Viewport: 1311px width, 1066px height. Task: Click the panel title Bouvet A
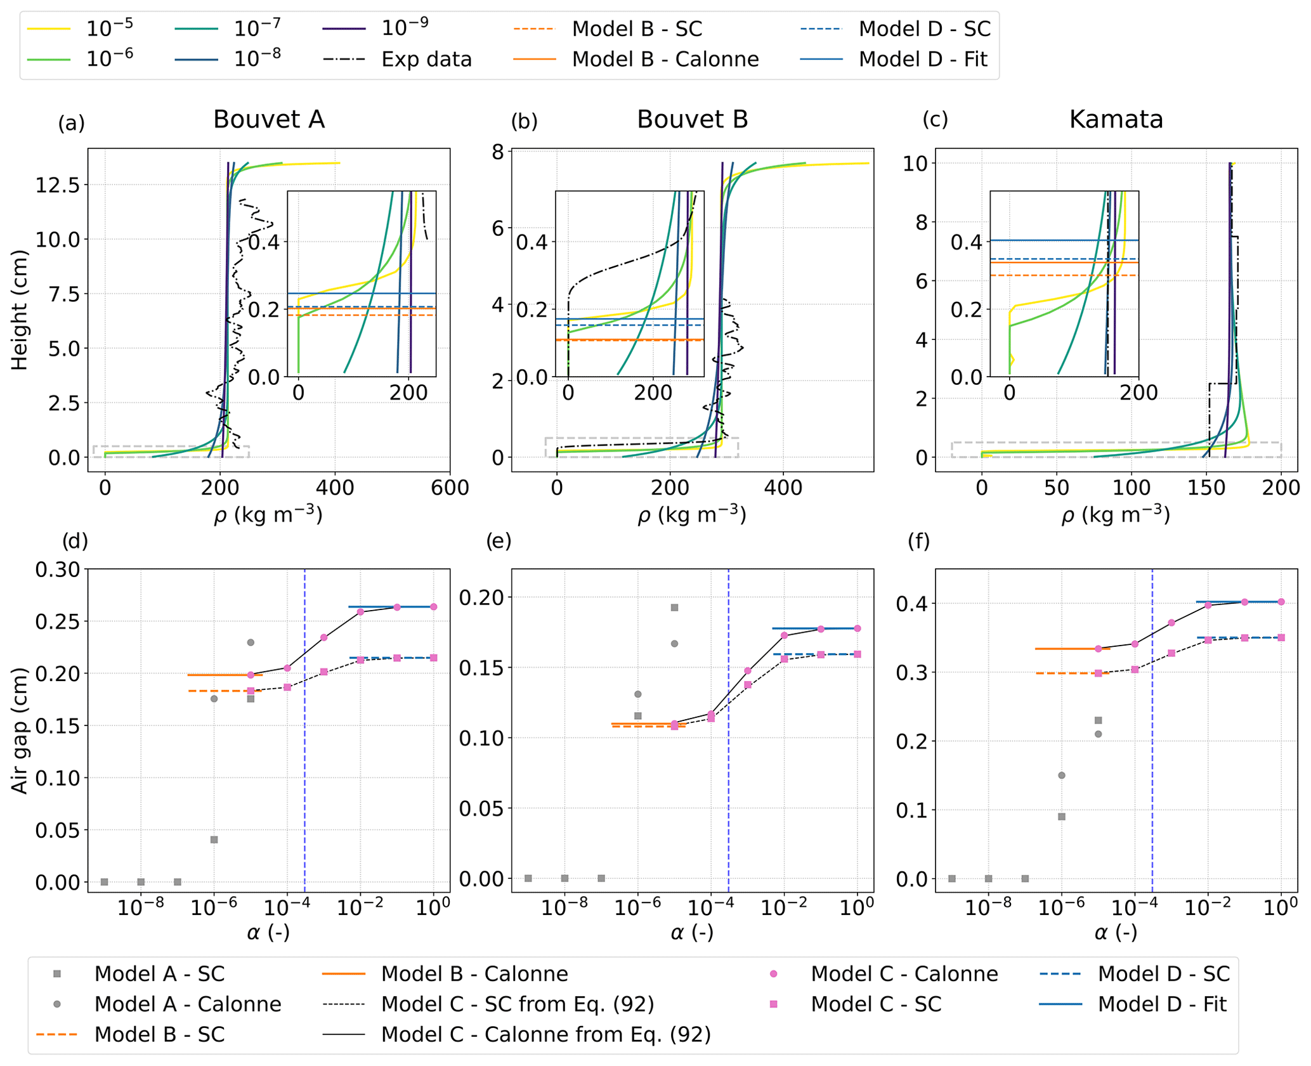coord(268,119)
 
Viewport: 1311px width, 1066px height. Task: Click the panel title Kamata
coord(1116,119)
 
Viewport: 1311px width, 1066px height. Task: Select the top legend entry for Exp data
coord(426,60)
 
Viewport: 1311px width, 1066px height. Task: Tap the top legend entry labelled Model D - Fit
coord(923,60)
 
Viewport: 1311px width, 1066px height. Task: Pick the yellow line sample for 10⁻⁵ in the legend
coord(48,29)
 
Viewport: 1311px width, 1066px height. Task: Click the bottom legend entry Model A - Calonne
coord(188,1004)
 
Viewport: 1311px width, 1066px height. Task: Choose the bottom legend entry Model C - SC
coord(876,1004)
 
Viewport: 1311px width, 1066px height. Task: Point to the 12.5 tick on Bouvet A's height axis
coord(58,185)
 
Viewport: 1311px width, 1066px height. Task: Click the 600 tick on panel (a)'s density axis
coord(450,488)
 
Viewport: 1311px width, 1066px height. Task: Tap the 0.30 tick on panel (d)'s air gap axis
coord(58,569)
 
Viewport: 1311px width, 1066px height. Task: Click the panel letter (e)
coord(499,541)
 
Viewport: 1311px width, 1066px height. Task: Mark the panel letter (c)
coord(935,120)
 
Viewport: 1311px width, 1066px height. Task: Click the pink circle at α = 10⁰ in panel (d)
coord(434,607)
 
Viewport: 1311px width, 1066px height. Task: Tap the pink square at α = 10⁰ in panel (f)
coord(1281,638)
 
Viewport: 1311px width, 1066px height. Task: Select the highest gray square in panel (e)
coord(675,608)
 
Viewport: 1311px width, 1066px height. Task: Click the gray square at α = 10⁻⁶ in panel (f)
coord(1062,817)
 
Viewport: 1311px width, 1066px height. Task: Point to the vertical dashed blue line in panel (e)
coord(728,761)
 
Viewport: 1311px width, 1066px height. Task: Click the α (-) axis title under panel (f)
coord(1116,932)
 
